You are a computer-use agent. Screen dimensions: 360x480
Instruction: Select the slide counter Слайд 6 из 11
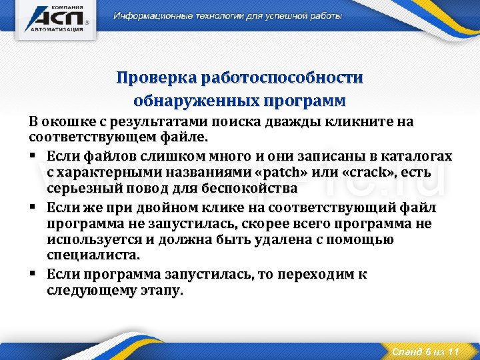425,351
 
